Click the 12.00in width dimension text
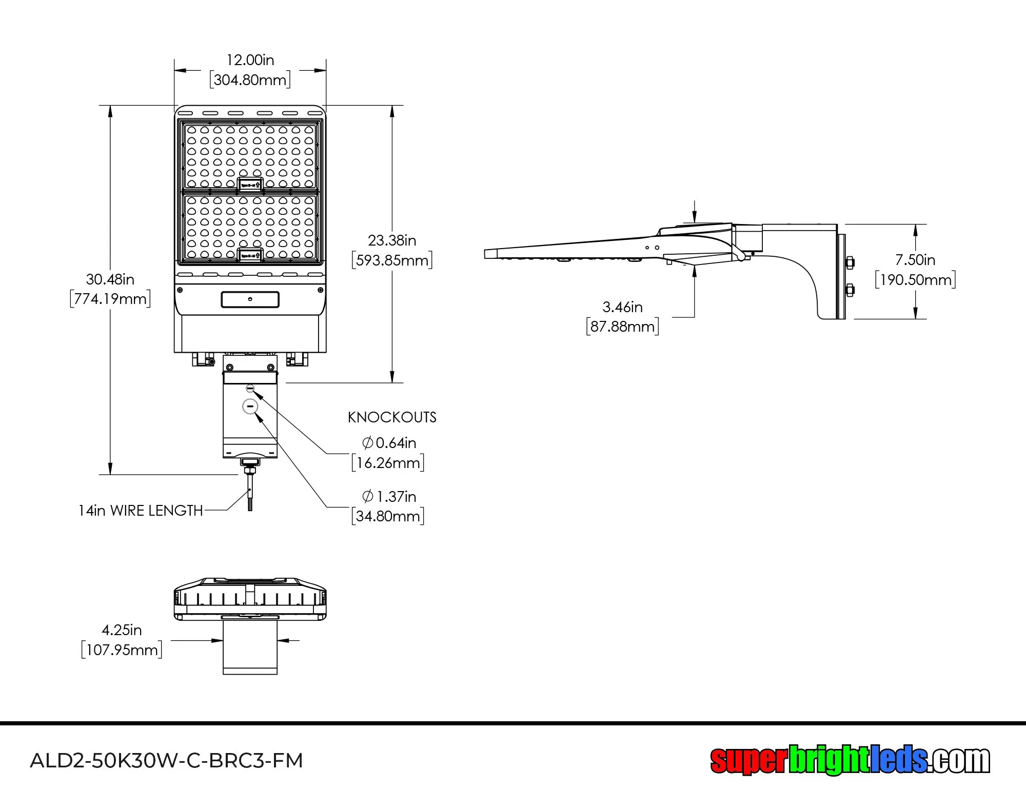click(250, 60)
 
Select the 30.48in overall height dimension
click(110, 279)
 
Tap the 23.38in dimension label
click(392, 240)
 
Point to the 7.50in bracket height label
click(915, 260)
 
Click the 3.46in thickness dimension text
click(622, 307)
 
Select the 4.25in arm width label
click(122, 630)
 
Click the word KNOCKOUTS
click(392, 417)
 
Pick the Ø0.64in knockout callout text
click(389, 443)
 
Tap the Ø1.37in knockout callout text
click(389, 496)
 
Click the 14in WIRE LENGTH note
click(141, 511)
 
